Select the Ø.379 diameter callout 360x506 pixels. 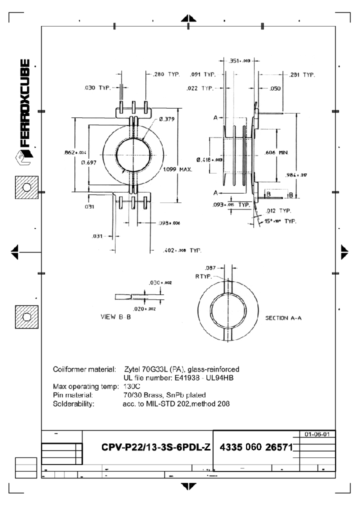pos(167,119)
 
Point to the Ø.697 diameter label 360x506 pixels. pos(88,162)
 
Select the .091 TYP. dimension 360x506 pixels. pos(202,75)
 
